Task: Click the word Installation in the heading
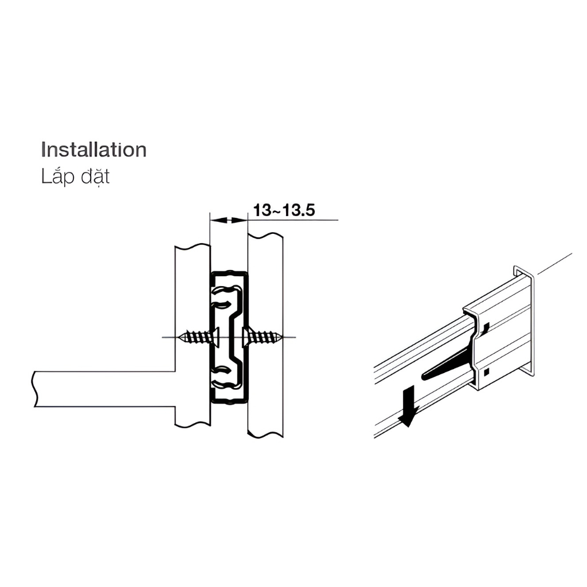[93, 150]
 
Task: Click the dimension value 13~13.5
[284, 210]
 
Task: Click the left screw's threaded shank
[196, 336]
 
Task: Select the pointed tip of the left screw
[180, 337]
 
